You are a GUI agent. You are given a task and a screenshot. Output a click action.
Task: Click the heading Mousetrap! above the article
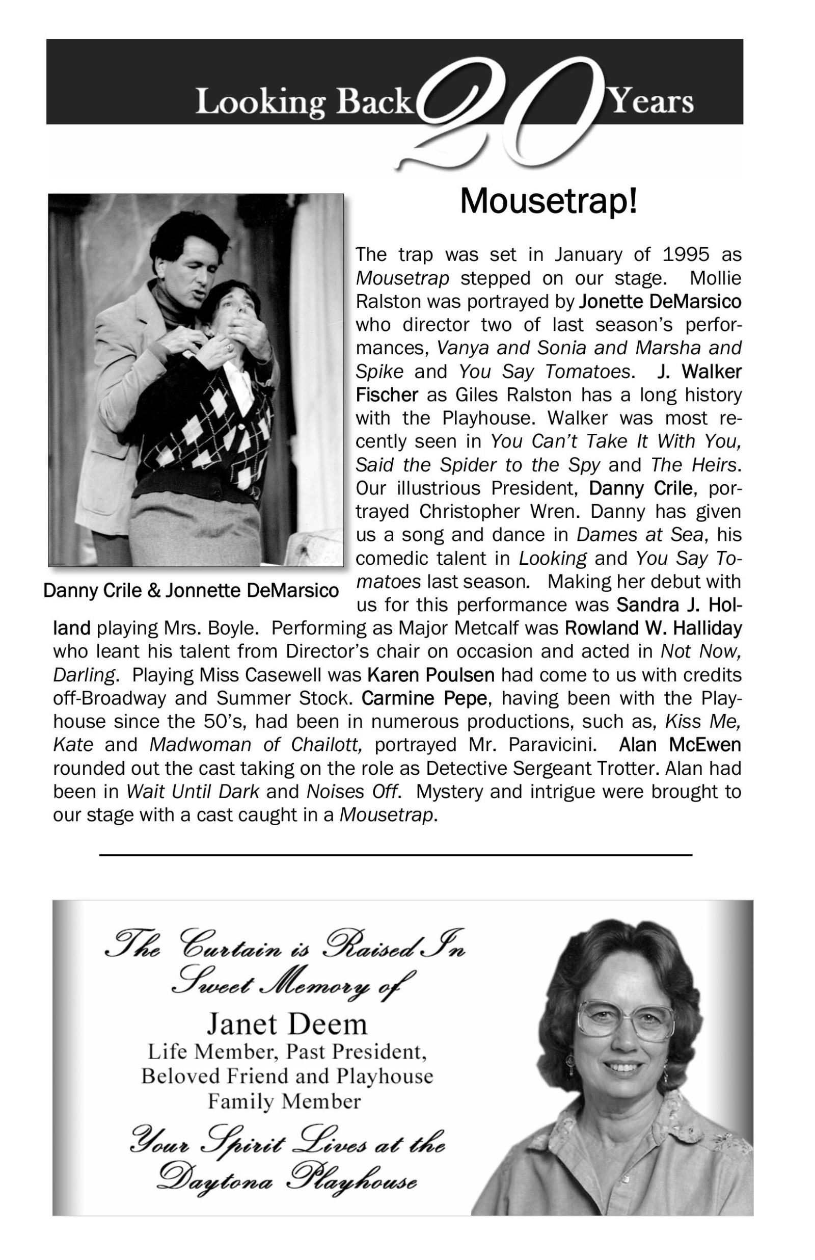pos(548,201)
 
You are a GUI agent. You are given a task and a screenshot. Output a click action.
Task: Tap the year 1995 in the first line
pos(685,255)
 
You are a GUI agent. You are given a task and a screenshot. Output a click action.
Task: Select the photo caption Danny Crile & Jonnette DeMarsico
pos(191,590)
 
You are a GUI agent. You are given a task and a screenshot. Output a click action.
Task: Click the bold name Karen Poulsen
pos(431,675)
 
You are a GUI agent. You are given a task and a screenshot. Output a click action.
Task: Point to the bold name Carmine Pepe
pos(424,698)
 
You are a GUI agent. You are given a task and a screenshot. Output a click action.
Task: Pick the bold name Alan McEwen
pos(680,745)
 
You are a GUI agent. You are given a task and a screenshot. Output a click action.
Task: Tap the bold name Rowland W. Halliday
pos(653,628)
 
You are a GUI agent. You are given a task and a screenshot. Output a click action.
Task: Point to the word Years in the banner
pos(652,101)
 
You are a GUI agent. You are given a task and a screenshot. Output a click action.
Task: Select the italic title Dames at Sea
pos(640,535)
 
